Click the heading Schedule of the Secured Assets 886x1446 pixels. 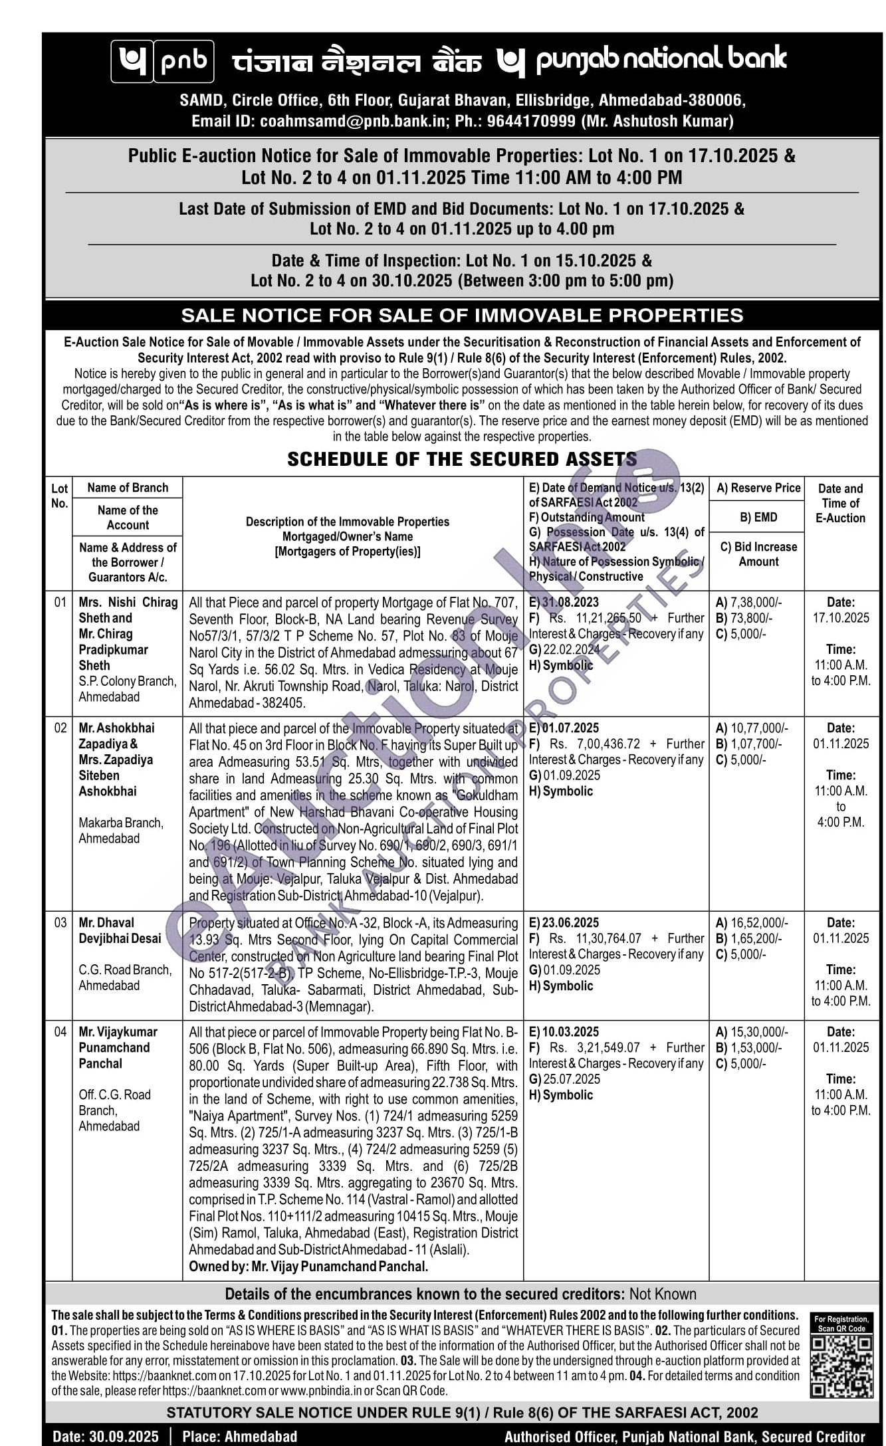click(461, 459)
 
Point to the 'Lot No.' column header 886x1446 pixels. click(59, 495)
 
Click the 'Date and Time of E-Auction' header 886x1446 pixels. click(840, 503)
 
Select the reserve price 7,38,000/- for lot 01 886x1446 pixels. click(756, 602)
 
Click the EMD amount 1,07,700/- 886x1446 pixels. click(756, 744)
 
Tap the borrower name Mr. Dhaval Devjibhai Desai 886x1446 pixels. click(120, 930)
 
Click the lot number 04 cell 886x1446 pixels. click(60, 1031)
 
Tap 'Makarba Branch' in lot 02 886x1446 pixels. click(120, 823)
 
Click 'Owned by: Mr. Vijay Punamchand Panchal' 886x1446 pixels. click(308, 1267)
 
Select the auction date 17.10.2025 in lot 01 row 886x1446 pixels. click(840, 617)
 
